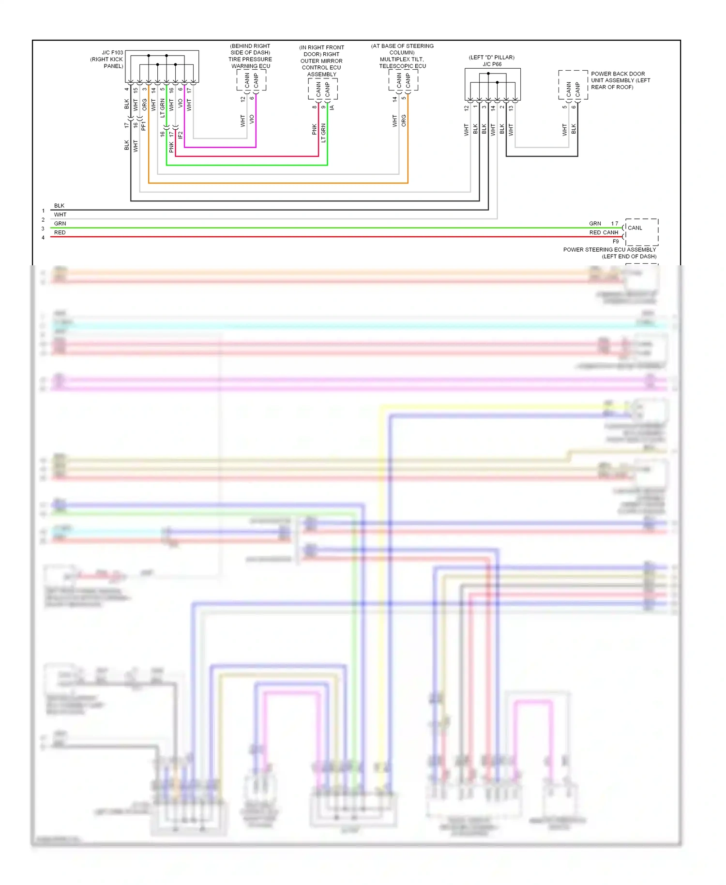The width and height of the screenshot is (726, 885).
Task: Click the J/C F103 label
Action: click(112, 52)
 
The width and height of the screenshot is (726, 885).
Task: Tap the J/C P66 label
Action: click(492, 64)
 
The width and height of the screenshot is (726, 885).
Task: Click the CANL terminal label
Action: click(635, 228)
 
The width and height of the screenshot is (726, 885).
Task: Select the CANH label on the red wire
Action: click(610, 232)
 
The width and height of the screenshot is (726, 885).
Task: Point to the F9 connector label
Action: click(616, 241)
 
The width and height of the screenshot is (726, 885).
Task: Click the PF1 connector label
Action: click(144, 126)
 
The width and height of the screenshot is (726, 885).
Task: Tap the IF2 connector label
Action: click(180, 135)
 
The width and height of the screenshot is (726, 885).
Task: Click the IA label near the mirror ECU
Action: click(332, 107)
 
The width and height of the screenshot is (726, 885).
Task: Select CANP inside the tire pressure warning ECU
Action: click(256, 81)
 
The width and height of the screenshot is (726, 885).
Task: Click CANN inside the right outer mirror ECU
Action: click(318, 89)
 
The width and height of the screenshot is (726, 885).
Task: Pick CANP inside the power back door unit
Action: click(577, 89)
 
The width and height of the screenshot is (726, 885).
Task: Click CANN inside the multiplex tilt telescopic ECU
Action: click(399, 80)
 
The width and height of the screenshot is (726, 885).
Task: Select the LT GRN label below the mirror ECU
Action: click(323, 133)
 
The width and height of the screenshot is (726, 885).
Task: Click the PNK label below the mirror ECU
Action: click(315, 129)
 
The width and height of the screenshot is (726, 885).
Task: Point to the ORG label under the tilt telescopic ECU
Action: click(404, 121)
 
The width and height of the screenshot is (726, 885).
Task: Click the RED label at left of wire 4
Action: click(60, 232)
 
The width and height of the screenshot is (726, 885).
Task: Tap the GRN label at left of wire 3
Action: click(60, 224)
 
